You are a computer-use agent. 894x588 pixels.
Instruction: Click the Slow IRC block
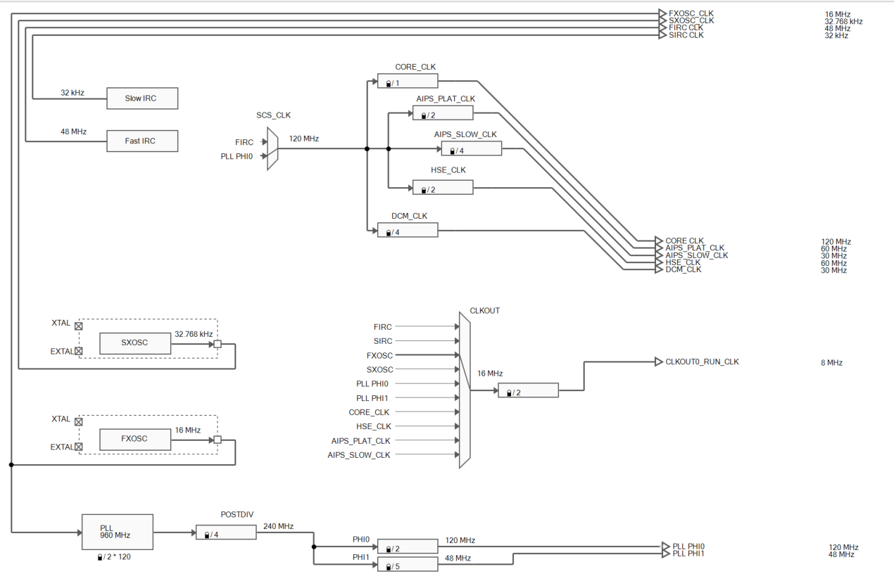(x=141, y=98)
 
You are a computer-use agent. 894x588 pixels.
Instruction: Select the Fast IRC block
(x=141, y=141)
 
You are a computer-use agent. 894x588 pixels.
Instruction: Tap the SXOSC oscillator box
(x=134, y=343)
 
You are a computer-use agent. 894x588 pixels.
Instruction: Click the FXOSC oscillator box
(x=134, y=439)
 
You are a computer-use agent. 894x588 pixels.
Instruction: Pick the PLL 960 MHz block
(x=117, y=532)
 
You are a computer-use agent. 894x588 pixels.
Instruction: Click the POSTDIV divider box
(x=226, y=533)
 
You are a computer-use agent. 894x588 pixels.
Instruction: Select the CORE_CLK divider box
(x=407, y=82)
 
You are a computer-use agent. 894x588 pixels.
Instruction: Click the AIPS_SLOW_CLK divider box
(x=471, y=149)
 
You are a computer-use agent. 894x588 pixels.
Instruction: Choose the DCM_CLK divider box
(x=407, y=231)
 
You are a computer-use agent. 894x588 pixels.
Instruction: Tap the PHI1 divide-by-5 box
(x=407, y=565)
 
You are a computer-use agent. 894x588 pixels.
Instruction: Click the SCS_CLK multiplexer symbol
(x=272, y=149)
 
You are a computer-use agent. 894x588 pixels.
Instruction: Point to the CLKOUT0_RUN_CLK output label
(x=702, y=362)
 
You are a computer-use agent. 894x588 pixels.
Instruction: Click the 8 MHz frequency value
(x=831, y=363)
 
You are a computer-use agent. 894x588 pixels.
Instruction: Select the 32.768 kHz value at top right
(x=843, y=22)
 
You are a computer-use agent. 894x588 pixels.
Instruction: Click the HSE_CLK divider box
(x=442, y=188)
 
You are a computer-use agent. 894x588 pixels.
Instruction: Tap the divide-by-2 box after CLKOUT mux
(x=528, y=391)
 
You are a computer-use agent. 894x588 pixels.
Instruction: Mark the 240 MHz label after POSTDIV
(x=278, y=526)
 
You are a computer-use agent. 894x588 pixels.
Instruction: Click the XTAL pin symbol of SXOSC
(x=79, y=326)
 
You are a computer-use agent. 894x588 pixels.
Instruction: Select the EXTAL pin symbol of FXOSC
(x=79, y=447)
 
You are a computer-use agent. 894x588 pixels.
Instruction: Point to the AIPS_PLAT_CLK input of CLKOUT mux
(x=360, y=441)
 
